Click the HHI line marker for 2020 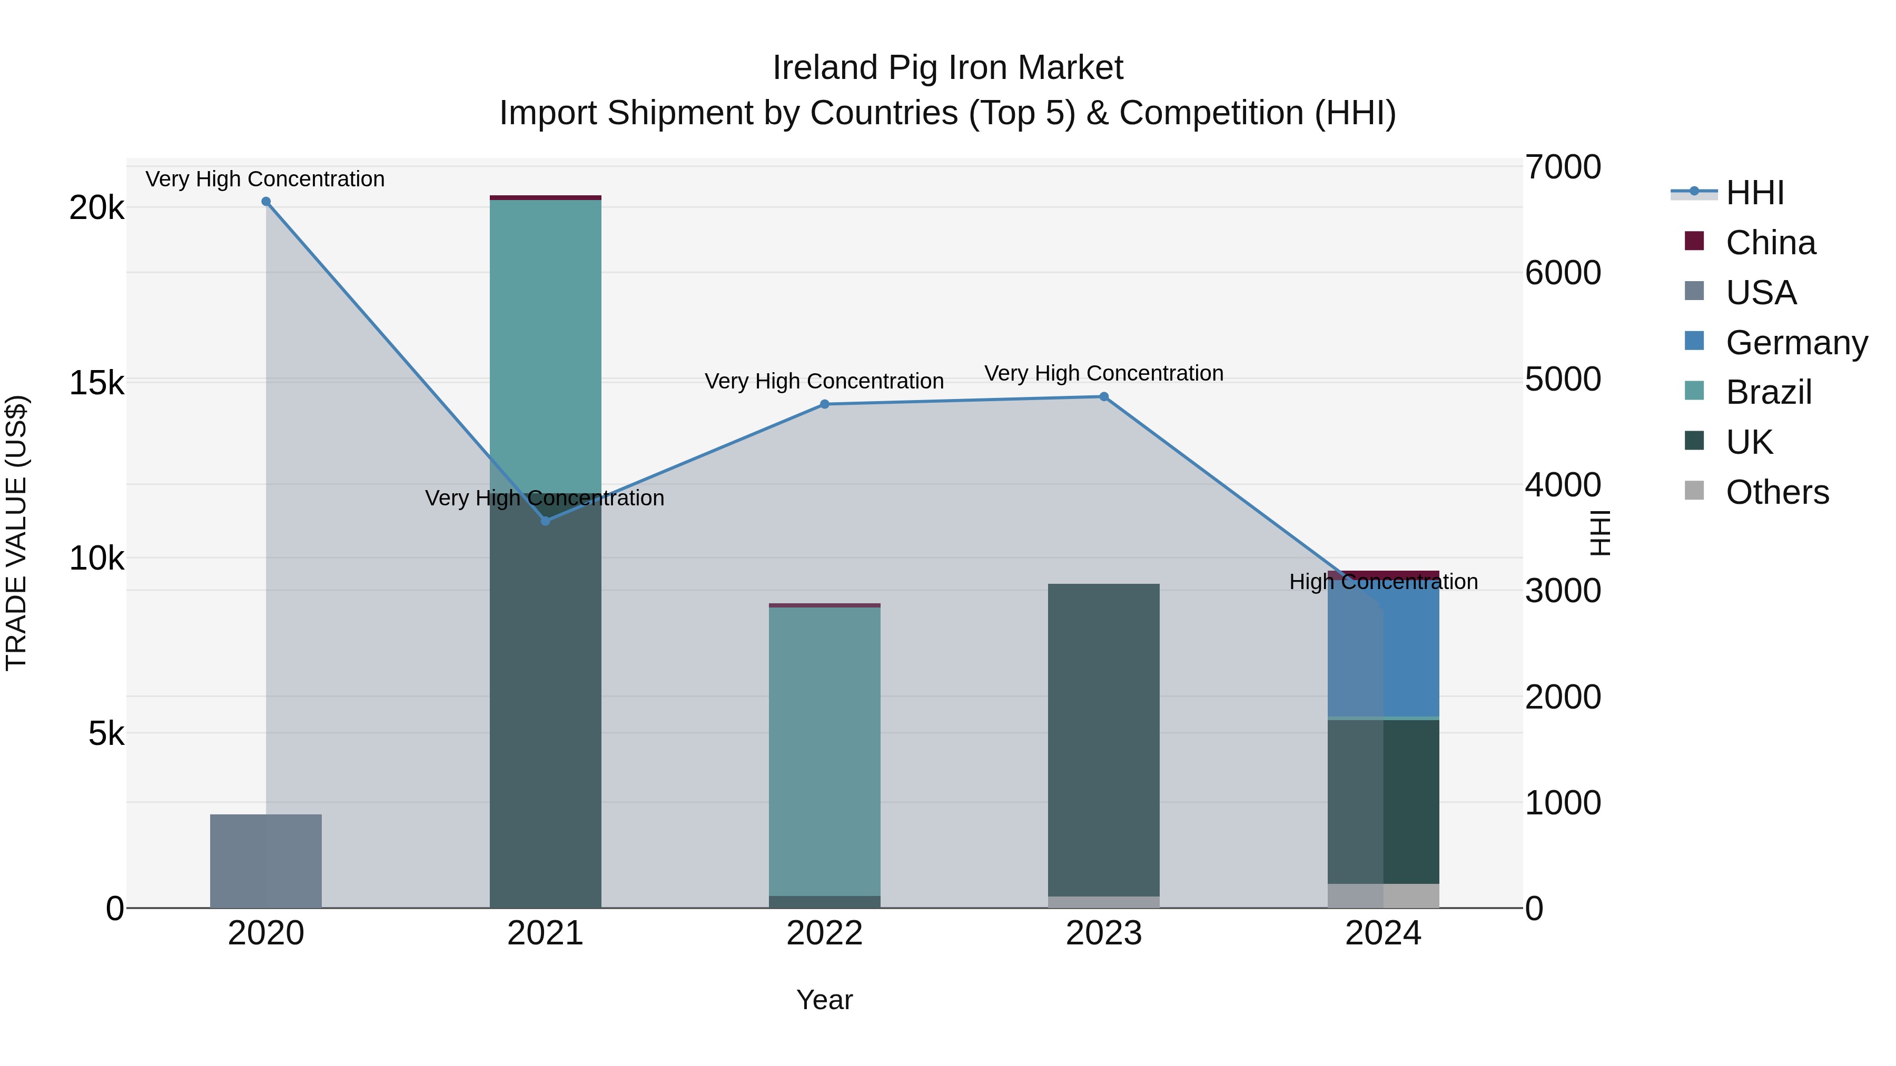pos(266,202)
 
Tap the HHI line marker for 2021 pos(546,521)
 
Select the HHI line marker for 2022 pos(824,404)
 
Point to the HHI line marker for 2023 pos(1104,396)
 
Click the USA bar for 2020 pos(266,861)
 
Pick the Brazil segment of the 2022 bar pos(824,750)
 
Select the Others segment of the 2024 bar pos(1384,895)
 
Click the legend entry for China pos(1770,243)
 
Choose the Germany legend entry pos(1796,343)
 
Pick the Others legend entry pos(1777,492)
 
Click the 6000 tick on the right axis pos(1562,273)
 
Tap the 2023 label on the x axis pos(1104,933)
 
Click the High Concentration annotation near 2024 pos(1384,582)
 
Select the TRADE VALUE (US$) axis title pos(16,533)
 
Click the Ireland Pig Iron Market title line pos(947,68)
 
